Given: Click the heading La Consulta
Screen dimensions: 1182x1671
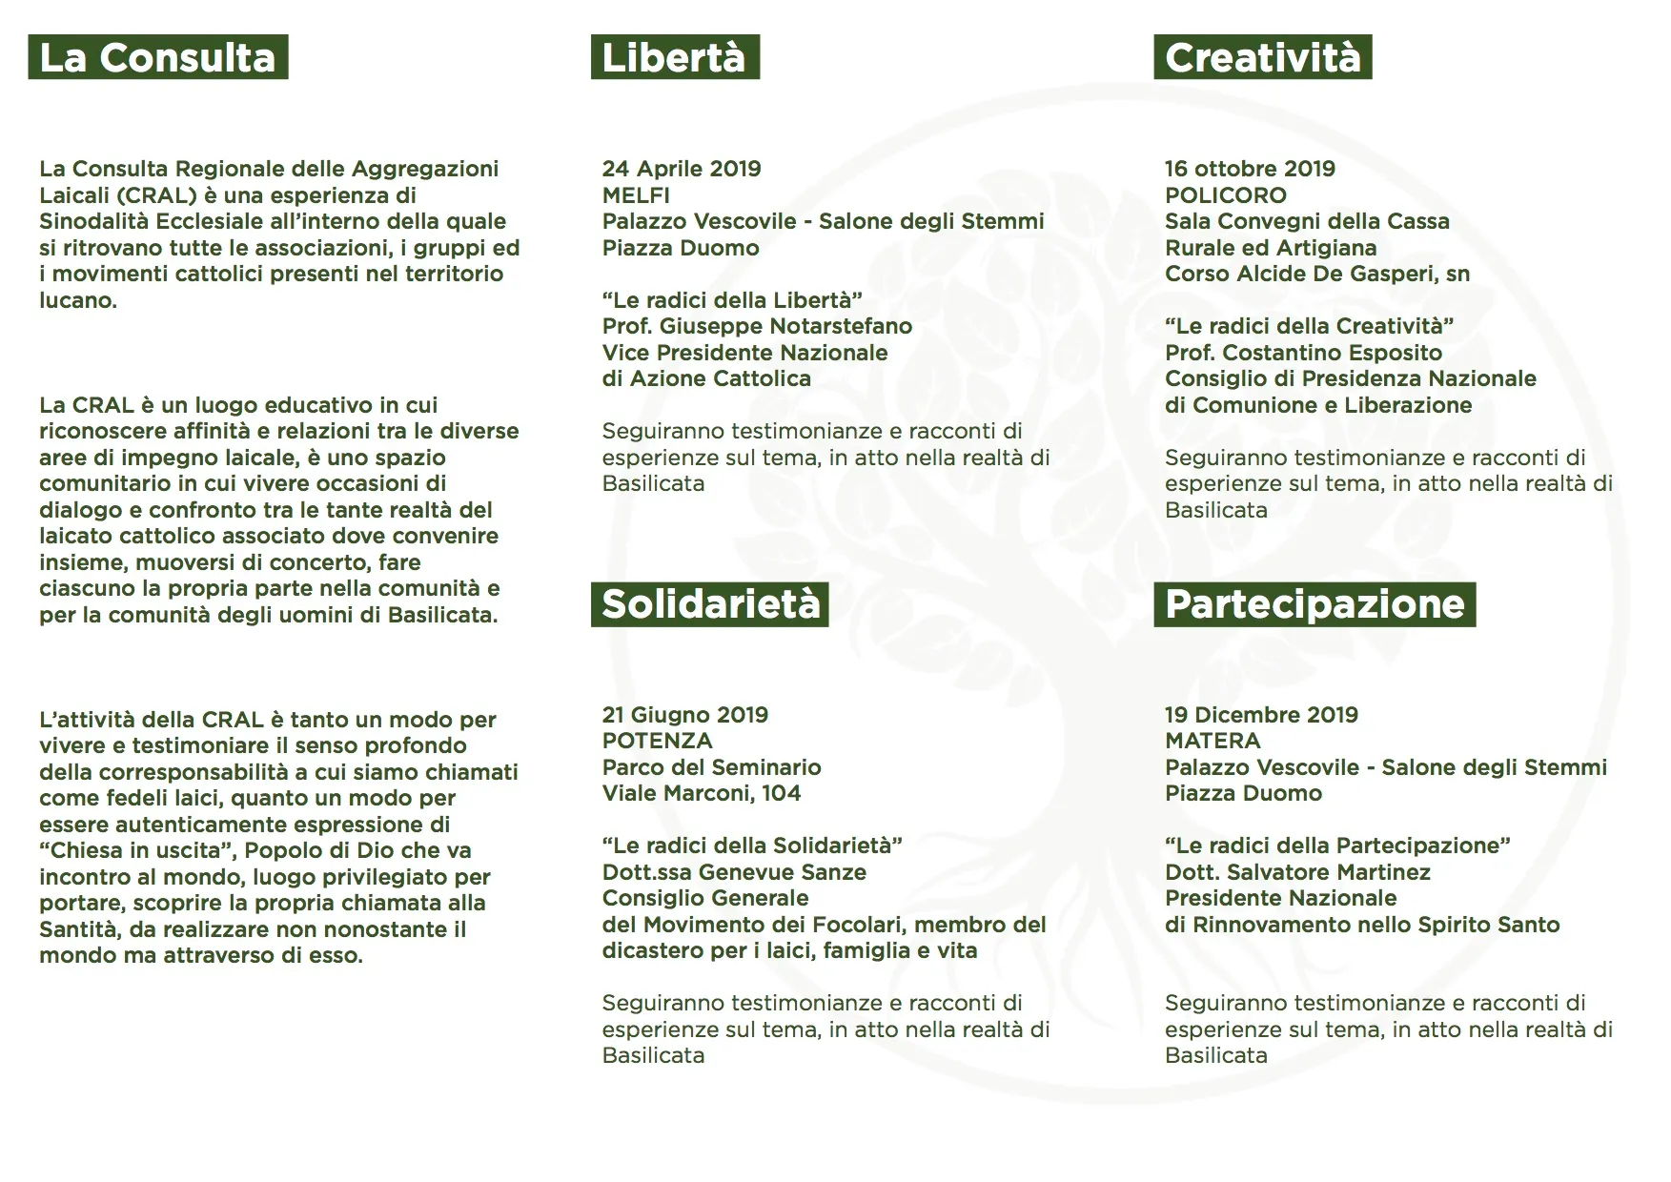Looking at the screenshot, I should pos(158,57).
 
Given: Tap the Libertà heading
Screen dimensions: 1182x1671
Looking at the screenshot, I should pos(674,57).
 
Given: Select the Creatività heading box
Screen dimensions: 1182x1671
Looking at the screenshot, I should pos(1262,57).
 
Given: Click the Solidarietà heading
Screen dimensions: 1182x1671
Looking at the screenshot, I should pos(710,604).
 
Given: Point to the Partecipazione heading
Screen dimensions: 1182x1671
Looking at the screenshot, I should pos(1314,604).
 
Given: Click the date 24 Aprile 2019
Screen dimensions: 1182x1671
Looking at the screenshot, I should pos(682,169).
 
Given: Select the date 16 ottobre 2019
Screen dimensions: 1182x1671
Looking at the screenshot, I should pos(1250,169).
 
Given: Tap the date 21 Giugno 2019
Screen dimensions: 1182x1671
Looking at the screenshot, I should pos(684,715).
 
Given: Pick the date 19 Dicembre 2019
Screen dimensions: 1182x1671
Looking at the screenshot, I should pos(1261,715).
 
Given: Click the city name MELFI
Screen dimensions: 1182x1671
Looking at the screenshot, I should pos(636,195).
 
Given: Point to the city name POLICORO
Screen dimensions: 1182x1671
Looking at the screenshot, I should pos(1225,195).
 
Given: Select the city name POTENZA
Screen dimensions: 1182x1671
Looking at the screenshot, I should pos(657,741).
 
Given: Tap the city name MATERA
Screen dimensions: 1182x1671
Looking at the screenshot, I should pos(1212,741).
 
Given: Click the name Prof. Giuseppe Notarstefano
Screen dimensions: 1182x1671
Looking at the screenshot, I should pos(757,326).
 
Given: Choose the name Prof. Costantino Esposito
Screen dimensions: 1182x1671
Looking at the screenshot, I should pos(1303,353).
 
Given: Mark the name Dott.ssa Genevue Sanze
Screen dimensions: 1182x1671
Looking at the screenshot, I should pos(734,872).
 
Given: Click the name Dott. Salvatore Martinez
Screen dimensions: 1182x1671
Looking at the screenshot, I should pos(1297,872).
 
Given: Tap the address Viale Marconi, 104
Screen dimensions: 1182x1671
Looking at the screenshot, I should pos(702,793).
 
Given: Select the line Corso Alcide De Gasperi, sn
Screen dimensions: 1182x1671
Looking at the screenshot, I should pos(1316,274).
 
